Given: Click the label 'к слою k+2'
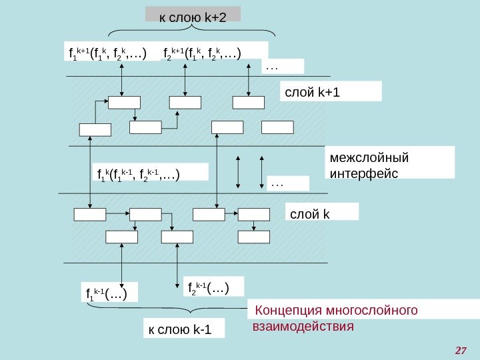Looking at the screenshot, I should tap(193, 15).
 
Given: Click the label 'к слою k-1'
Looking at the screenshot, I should tap(183, 329).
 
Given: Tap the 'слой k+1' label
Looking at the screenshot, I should tap(330, 91).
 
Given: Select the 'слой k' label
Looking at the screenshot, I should tap(322, 211).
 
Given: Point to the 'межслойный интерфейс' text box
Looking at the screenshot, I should tap(391, 164).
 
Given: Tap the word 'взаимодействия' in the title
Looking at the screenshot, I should tap(302, 327).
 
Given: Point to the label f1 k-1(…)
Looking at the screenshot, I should tap(107, 292).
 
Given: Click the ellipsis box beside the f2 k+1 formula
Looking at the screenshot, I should tap(283, 66).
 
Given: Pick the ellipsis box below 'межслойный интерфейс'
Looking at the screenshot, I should tap(288, 183).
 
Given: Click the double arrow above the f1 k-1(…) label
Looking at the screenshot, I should tap(121, 265).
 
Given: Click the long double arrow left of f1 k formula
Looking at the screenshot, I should tap(91, 167).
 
